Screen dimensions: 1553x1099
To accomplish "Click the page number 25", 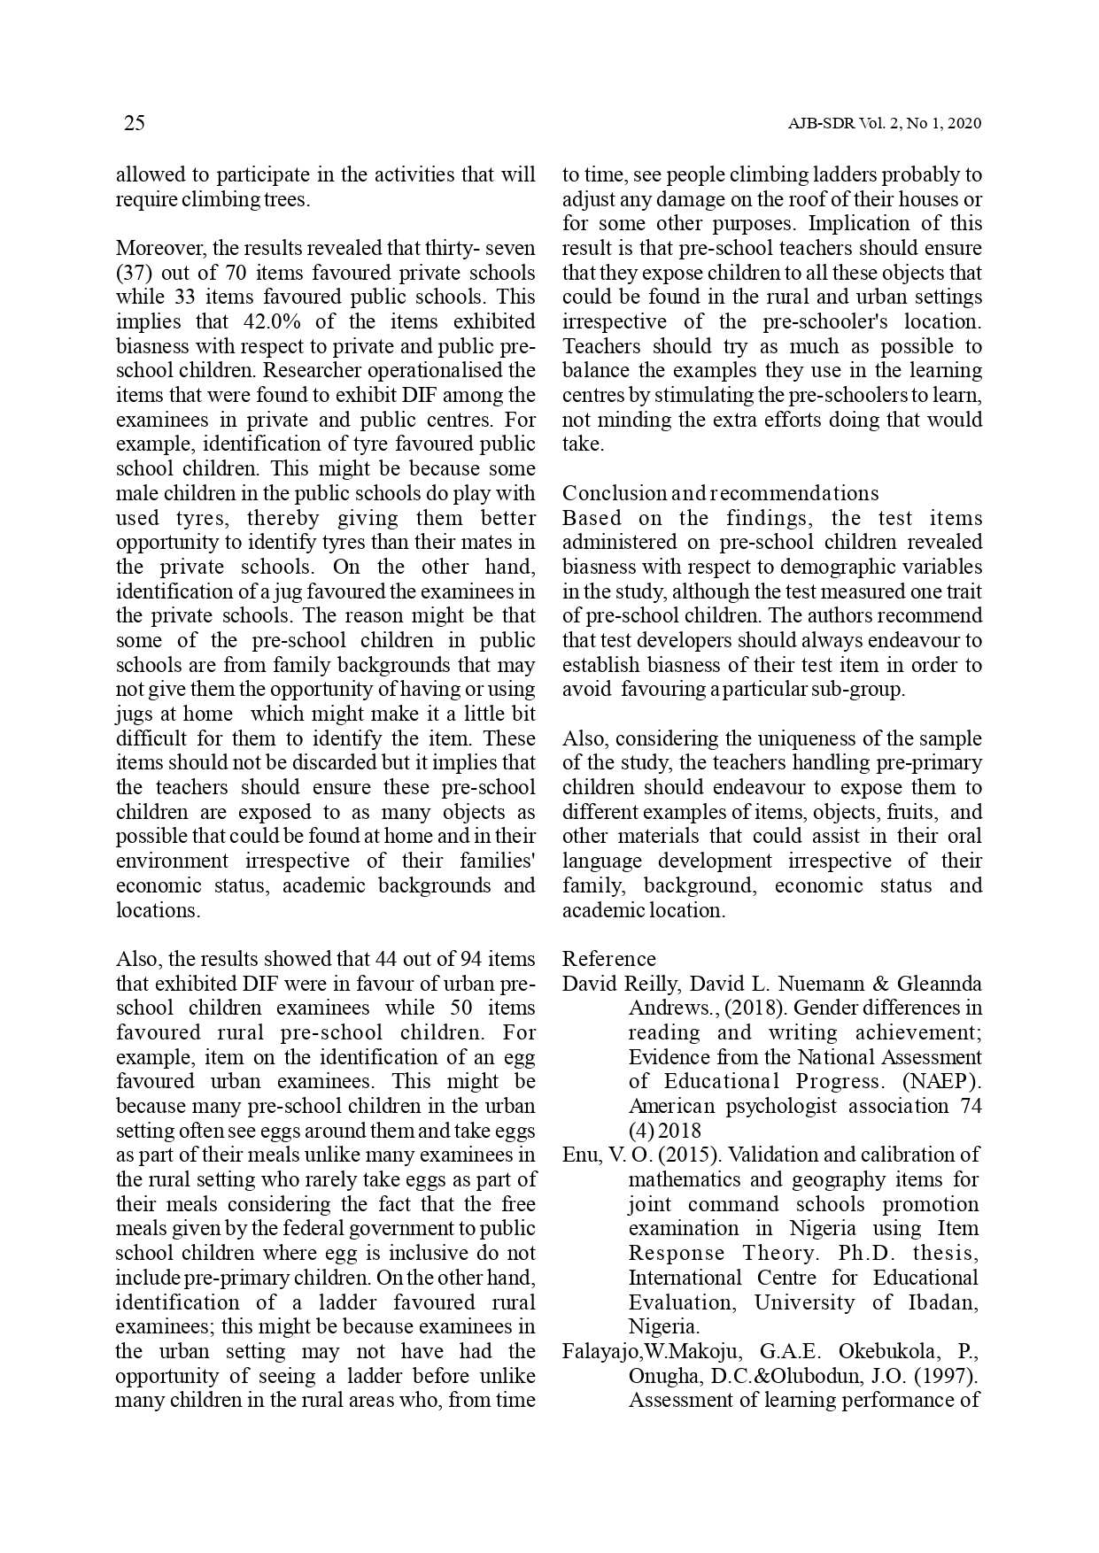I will click(x=134, y=123).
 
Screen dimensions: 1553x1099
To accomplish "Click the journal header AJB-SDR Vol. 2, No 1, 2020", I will click(x=885, y=124).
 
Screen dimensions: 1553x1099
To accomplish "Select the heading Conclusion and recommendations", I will click(x=720, y=493).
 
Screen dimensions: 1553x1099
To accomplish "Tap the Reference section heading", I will click(x=609, y=959).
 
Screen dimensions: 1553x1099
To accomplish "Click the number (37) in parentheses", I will click(x=134, y=273).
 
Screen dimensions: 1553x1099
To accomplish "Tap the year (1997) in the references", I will click(x=948, y=1376).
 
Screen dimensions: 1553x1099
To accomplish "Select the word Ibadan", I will click(x=945, y=1302).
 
